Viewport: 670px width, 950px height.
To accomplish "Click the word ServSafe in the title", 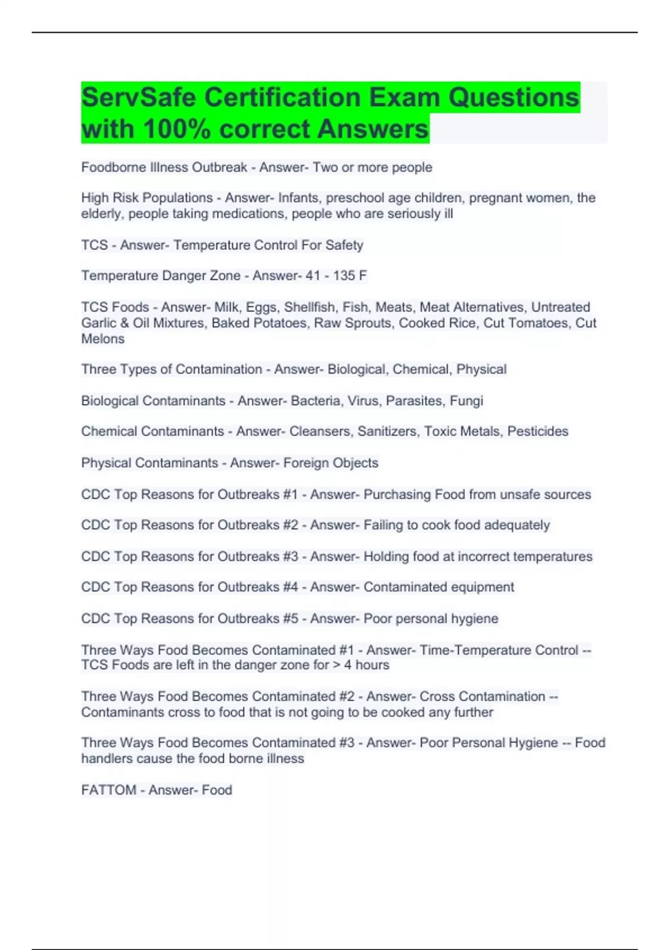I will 138,98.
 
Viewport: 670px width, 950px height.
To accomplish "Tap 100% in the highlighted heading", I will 176,129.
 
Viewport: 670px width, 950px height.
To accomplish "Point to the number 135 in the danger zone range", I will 343,275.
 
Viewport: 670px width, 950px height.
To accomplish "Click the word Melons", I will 103,339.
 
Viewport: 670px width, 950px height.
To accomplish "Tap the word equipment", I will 482,587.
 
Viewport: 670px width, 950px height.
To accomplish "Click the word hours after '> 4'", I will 372,665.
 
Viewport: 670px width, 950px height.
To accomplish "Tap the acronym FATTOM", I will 109,790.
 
